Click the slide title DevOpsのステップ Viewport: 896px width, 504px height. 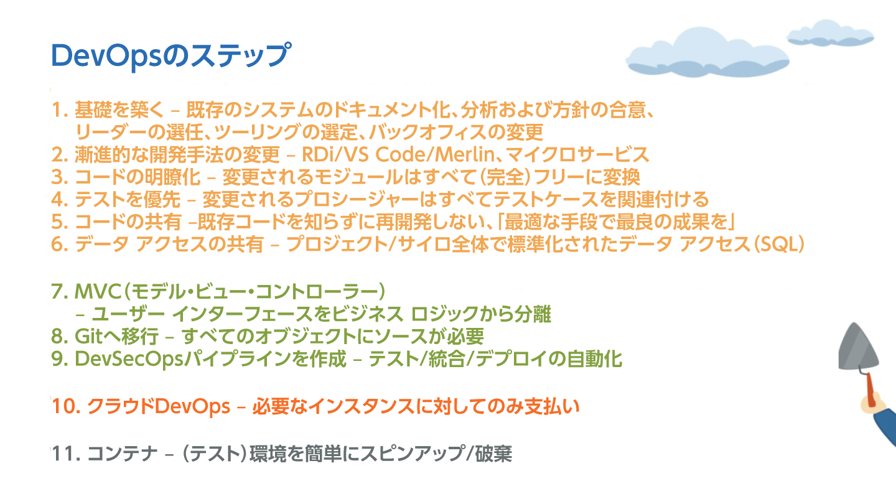[x=171, y=56]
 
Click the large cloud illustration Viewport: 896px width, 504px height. [x=707, y=53]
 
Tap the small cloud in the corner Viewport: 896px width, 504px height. [x=830, y=34]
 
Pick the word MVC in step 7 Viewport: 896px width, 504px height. [x=98, y=291]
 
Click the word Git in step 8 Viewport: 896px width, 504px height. [x=89, y=336]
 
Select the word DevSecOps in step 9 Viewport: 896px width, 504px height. [x=129, y=359]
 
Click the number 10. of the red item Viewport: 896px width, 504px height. [x=67, y=406]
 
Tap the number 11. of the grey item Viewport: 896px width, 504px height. [x=67, y=454]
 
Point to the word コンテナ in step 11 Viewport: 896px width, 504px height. [x=123, y=454]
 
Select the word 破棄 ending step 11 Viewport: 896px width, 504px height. [x=493, y=454]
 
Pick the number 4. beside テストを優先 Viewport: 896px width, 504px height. [x=60, y=199]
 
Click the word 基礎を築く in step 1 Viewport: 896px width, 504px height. [x=119, y=110]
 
